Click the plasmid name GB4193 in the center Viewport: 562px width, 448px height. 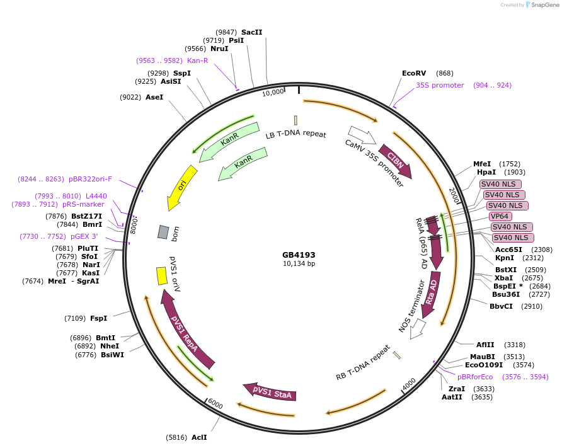299,255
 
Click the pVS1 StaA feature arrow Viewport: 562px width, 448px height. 270,393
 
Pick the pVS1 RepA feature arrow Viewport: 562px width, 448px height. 186,328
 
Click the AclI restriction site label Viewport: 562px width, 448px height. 198,437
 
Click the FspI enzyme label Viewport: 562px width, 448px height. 99,318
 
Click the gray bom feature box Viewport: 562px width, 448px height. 163,232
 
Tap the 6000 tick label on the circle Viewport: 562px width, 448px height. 215,404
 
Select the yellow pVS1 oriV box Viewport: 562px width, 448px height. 161,275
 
